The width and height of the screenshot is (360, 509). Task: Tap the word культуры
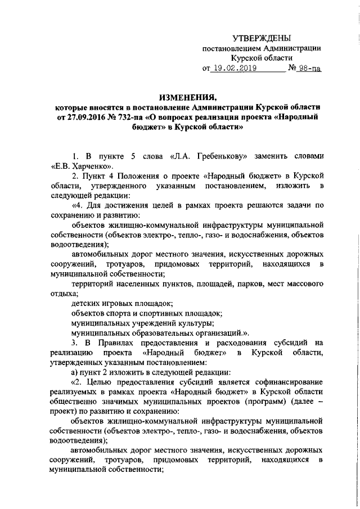(x=196, y=323)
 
